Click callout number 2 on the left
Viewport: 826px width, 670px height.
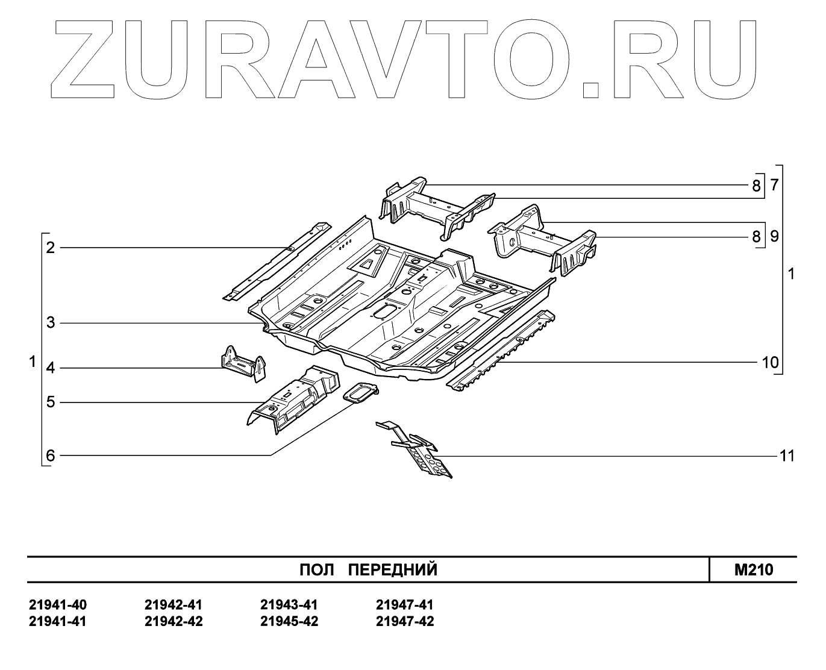(51, 248)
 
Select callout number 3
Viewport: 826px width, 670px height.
(51, 323)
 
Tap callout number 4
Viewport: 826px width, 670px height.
(51, 368)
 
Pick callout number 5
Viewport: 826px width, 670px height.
(51, 402)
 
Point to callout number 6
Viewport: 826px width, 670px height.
(51, 456)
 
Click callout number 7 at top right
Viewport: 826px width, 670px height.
(774, 185)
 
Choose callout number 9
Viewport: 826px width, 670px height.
(774, 236)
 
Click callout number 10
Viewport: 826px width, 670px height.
(770, 363)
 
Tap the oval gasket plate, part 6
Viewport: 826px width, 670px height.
(360, 394)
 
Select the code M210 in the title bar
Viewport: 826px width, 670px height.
(753, 570)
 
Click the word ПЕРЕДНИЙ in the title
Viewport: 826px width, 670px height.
(393, 570)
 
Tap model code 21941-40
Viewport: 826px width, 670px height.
(58, 605)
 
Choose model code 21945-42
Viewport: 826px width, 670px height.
(289, 621)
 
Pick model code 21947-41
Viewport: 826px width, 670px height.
(404, 605)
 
